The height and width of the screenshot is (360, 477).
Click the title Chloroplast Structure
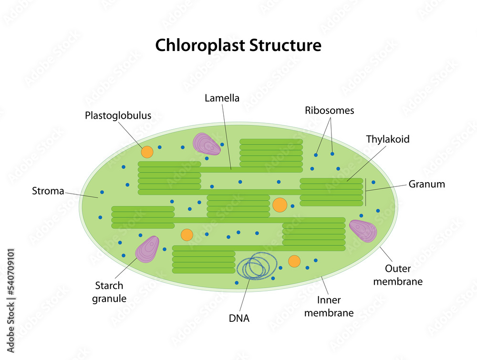coord(238,45)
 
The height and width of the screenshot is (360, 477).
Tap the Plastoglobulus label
coord(118,115)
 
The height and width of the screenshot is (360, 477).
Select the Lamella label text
coord(222,98)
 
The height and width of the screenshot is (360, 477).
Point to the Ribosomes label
coord(330,110)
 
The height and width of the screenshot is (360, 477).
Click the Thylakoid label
coord(387,139)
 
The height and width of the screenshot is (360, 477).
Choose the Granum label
coord(426,184)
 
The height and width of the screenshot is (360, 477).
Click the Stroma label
coord(48,191)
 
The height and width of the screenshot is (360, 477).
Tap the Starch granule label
coord(109,292)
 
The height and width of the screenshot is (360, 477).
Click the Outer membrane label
coord(397,275)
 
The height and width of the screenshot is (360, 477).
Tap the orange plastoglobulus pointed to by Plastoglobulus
coord(147,152)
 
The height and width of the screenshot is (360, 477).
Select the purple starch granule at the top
coord(206,144)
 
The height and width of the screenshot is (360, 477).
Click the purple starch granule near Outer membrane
coord(363,230)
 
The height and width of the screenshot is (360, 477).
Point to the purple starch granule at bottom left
coord(147,249)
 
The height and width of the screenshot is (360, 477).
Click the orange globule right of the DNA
coord(294,261)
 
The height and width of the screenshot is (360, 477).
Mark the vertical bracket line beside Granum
coord(366,192)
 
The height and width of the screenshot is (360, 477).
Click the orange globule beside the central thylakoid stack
coord(280,205)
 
